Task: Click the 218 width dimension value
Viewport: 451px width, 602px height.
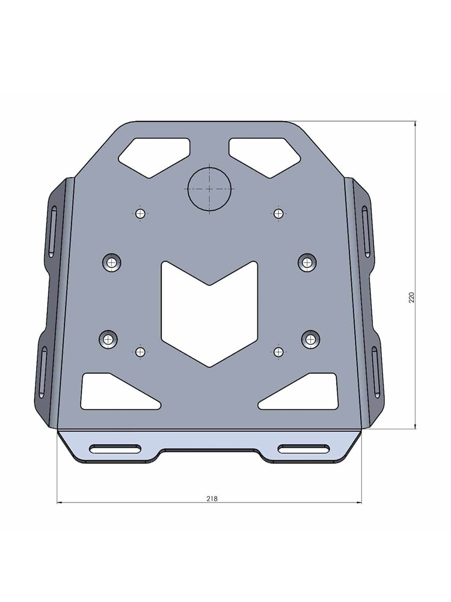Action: click(211, 498)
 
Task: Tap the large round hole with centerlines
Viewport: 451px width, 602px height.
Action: click(209, 188)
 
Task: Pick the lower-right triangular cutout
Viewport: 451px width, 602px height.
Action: click(304, 391)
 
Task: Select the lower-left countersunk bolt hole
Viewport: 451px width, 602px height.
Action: click(109, 339)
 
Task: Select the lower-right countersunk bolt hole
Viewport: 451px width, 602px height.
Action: click(310, 339)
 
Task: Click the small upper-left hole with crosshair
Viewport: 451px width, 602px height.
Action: click(141, 213)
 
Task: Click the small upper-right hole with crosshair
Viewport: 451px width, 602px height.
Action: click(278, 213)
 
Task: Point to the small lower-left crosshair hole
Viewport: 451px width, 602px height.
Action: click(141, 351)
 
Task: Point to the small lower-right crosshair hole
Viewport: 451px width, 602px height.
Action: click(278, 351)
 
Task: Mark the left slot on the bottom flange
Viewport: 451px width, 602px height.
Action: click(115, 448)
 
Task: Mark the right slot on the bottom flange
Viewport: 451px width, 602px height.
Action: click(304, 448)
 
